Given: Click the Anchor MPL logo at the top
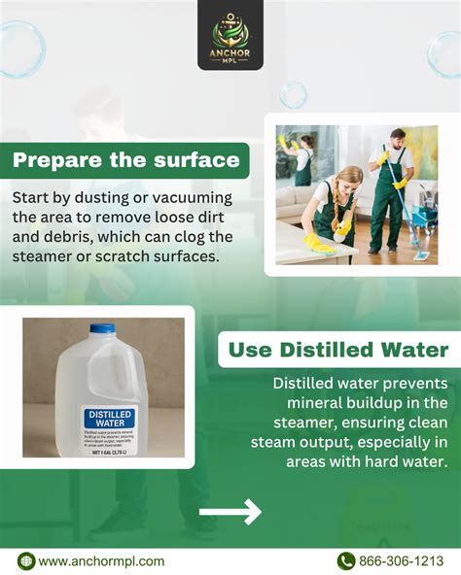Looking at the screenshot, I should pyautogui.click(x=230, y=35).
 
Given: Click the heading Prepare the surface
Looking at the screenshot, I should pyautogui.click(x=124, y=159).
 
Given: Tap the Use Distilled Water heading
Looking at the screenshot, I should pyautogui.click(x=337, y=349).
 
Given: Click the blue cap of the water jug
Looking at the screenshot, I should pyautogui.click(x=101, y=329).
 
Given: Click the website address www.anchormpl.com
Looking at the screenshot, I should pyautogui.click(x=101, y=560).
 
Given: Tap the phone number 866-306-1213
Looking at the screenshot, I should pyautogui.click(x=402, y=560).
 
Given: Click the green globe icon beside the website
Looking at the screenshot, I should pyautogui.click(x=26, y=560).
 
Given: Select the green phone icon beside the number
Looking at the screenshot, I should pyautogui.click(x=345, y=560).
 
